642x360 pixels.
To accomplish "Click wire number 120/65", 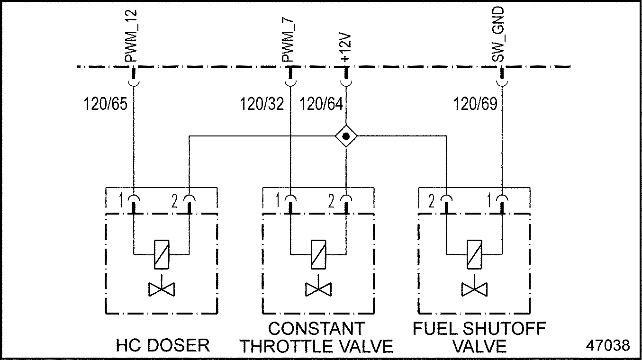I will coord(106,104).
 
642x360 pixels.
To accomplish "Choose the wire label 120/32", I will coord(262,104).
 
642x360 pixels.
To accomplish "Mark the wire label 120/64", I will coord(321,104).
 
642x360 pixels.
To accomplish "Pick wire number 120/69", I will coord(475,104).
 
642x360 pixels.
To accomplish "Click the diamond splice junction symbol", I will coord(346,136).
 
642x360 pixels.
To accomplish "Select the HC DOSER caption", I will coord(163,345).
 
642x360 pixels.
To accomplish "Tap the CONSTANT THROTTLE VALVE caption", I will coord(316,337).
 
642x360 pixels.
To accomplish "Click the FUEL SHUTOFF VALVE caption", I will coord(479,337).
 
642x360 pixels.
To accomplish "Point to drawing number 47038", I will coord(608,345).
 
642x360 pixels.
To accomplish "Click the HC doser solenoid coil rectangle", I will coord(162,255).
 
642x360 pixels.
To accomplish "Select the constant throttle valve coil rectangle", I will coord(317,255).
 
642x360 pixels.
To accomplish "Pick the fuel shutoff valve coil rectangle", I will coord(474,255).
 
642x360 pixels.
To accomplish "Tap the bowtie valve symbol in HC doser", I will coord(162,288).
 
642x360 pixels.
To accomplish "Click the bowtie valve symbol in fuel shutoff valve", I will coord(474,288).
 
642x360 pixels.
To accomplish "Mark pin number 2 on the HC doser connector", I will coord(175,202).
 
